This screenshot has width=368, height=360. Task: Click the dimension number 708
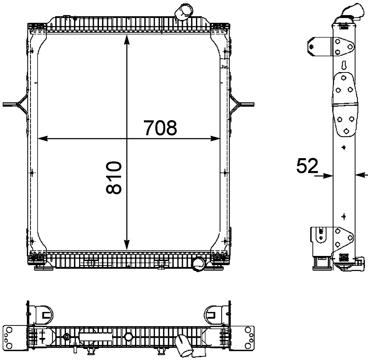click(160, 128)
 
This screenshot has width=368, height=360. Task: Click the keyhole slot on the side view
click(344, 65)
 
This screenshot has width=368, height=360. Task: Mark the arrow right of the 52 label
click(325, 176)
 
